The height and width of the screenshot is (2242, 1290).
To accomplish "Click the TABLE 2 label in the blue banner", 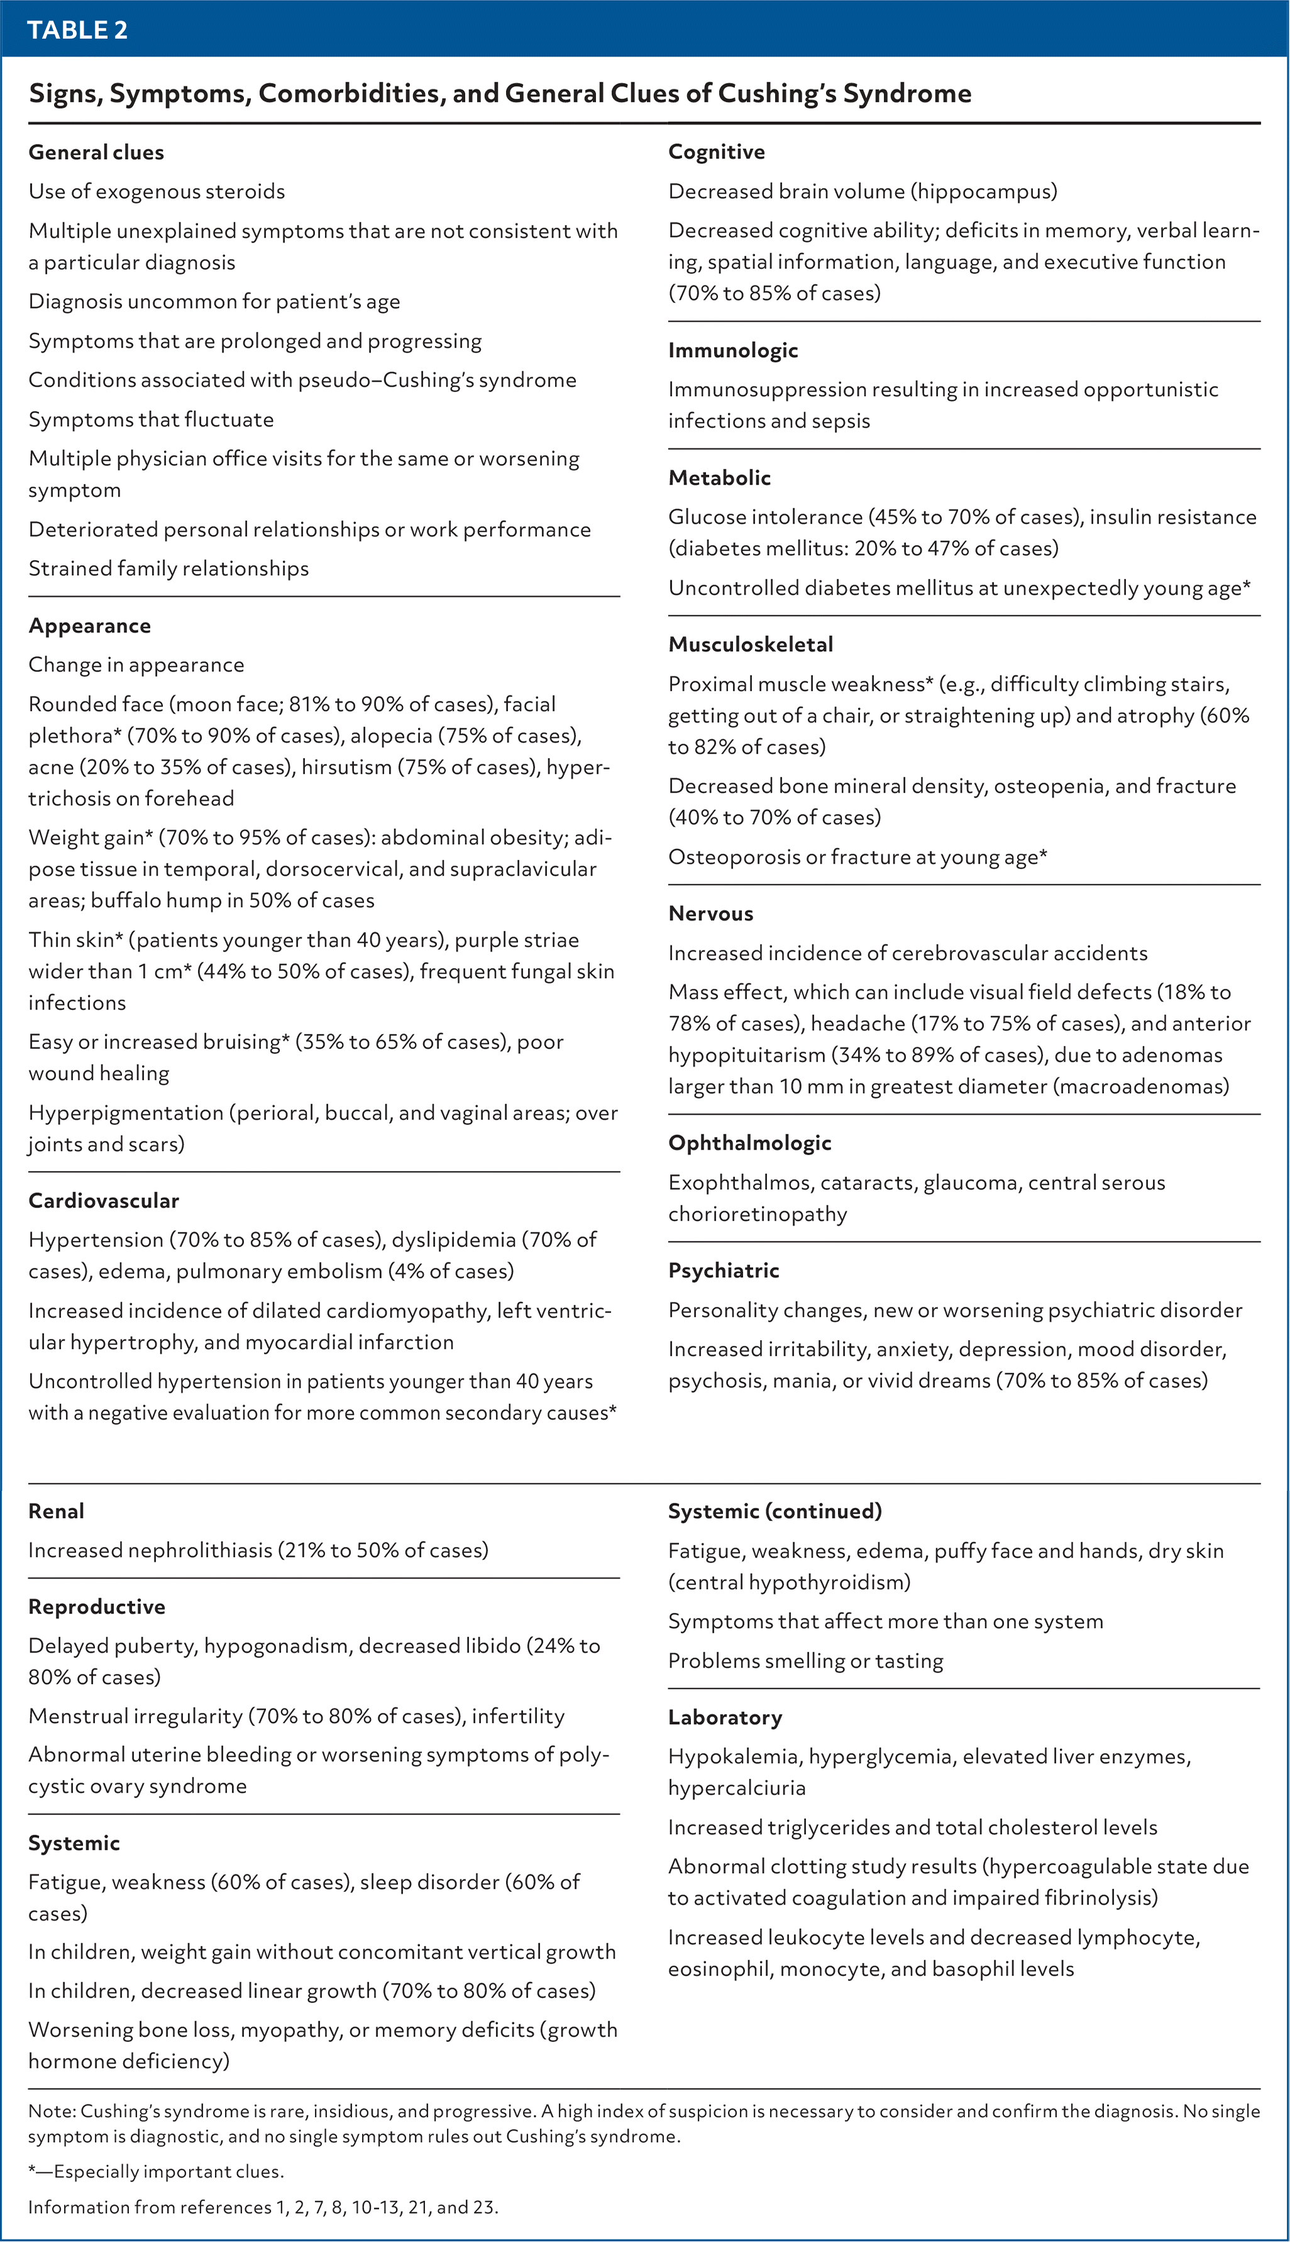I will click(77, 30).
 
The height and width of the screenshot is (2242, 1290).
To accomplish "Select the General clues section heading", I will click(96, 152).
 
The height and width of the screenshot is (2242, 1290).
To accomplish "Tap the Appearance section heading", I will click(89, 625).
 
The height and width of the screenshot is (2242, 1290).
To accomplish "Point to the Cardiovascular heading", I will click(104, 1201).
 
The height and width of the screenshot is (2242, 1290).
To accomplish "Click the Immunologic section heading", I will click(733, 350).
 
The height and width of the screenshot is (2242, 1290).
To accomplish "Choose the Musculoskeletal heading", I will click(751, 644).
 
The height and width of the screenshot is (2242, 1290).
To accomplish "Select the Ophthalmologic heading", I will click(749, 1143).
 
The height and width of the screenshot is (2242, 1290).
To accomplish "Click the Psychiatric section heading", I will click(723, 1270).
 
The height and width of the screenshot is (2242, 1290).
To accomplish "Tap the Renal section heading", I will click(56, 1511).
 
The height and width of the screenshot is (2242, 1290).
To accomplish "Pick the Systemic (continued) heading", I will click(775, 1511).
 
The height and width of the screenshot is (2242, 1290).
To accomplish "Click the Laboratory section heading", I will click(725, 1718).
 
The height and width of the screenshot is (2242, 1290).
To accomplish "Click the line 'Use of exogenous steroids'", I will click(157, 191).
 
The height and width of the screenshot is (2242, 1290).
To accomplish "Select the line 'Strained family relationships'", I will click(168, 569).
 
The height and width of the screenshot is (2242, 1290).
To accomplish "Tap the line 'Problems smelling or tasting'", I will click(805, 1661).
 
